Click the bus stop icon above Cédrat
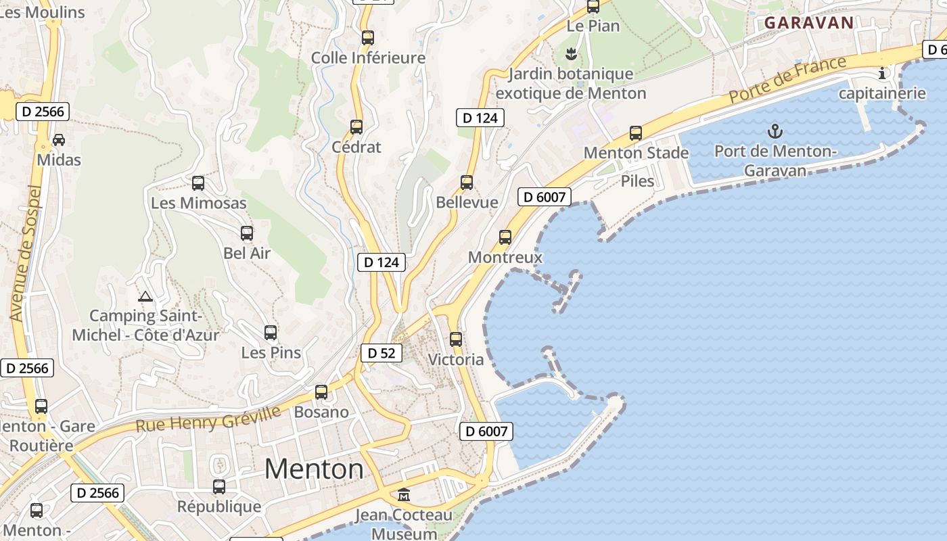point(356,126)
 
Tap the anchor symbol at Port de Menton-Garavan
point(775,131)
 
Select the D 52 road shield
point(382,353)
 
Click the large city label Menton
point(314,469)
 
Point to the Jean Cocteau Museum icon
point(404,495)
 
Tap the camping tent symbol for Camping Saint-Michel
point(145,296)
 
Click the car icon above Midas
point(59,140)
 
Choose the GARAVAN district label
point(809,22)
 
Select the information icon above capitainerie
point(882,73)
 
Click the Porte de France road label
point(787,80)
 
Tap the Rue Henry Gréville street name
point(208,420)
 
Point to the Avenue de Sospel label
point(26,253)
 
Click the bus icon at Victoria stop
point(456,339)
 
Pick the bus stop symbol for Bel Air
point(247,233)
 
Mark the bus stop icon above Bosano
point(321,392)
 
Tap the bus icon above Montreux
point(505,237)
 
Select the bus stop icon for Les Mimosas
point(198,183)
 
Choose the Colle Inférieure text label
point(368,58)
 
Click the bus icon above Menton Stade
point(636,133)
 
